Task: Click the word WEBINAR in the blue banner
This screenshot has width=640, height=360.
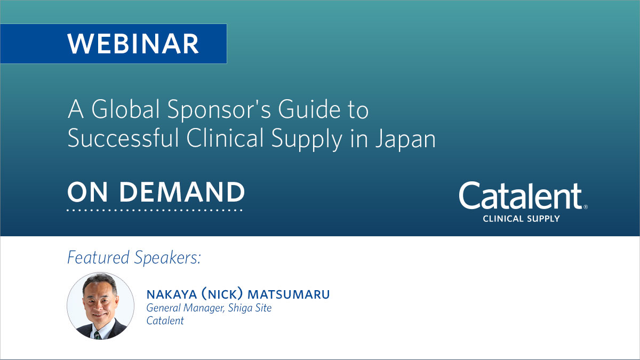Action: coord(133,43)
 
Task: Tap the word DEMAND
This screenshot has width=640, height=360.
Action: coord(182,193)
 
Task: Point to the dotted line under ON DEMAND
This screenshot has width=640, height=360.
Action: coord(155,210)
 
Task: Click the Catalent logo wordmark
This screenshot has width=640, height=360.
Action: coord(520,196)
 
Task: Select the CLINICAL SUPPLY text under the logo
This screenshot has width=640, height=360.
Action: coord(521,218)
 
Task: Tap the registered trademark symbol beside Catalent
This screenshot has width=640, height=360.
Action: coord(586,207)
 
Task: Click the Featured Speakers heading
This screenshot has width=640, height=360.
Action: coord(134,258)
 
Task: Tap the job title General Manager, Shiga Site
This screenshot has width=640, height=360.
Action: coord(209,308)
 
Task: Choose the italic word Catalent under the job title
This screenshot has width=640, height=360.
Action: coord(165,321)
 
